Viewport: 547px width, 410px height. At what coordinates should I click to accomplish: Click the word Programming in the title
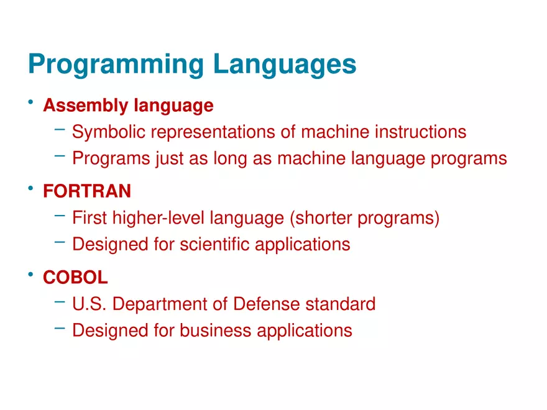point(116,65)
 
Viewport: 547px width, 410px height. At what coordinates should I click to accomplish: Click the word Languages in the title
point(285,65)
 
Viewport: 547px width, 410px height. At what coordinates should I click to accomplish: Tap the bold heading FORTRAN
point(87,191)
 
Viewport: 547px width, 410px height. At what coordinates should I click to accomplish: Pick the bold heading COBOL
point(75,278)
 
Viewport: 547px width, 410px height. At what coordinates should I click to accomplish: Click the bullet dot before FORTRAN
point(30,188)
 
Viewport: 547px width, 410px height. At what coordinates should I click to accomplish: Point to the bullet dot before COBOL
point(30,275)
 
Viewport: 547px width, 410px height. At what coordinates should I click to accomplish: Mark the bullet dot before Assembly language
point(30,102)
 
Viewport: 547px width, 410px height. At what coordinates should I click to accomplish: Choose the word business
point(215,330)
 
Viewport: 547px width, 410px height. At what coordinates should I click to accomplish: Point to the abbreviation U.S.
point(90,304)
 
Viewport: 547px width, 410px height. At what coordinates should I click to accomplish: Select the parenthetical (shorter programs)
point(364,219)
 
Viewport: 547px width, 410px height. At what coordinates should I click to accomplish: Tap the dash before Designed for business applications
point(60,328)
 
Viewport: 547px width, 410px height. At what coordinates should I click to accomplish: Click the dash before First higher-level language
point(60,216)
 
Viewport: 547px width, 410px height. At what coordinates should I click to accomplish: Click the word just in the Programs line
point(170,159)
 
